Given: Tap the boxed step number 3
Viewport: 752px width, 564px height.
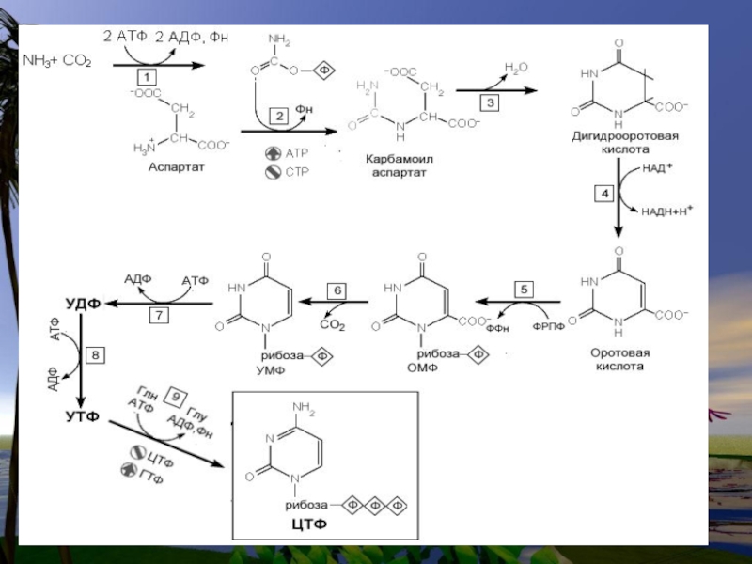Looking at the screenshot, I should tap(489, 101).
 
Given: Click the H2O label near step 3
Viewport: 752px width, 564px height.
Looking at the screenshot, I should tap(516, 68).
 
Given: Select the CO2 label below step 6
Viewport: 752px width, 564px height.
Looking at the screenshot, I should tap(334, 325).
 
